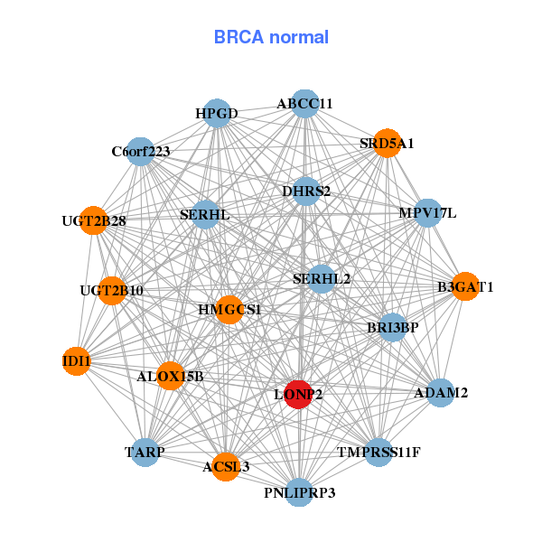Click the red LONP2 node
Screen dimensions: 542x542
click(298, 394)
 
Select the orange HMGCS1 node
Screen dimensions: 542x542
click(229, 309)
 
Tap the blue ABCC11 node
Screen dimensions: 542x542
click(304, 104)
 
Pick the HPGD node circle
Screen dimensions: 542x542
click(216, 114)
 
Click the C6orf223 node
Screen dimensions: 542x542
click(140, 151)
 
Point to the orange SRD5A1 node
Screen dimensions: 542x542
click(387, 144)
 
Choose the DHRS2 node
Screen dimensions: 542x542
click(306, 191)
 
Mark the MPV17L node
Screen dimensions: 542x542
click(427, 213)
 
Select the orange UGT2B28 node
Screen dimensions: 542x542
click(93, 220)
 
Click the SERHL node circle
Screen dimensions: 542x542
click(205, 215)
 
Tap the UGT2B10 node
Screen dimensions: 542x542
click(111, 290)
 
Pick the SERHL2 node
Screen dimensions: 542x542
click(322, 279)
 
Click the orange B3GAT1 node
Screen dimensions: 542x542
click(465, 286)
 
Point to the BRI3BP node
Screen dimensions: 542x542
click(392, 327)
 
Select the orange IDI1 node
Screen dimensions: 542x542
click(77, 361)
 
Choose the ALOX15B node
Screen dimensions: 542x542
click(171, 375)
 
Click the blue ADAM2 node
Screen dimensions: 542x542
click(441, 393)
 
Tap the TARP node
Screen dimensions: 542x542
click(145, 451)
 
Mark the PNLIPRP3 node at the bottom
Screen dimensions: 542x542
click(300, 492)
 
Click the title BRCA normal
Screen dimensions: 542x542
click(271, 37)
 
